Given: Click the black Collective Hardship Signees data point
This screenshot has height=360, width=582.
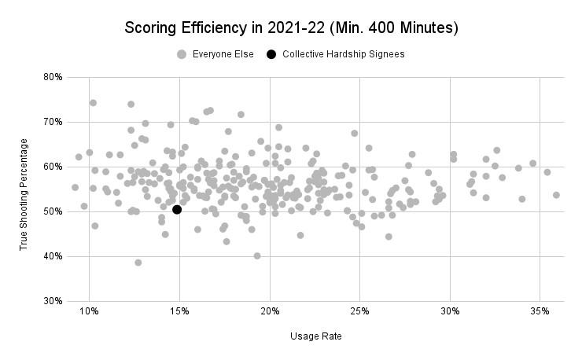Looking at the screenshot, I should tap(177, 209).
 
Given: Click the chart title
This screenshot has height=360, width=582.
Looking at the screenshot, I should tap(291, 28).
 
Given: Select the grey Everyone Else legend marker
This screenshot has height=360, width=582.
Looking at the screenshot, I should tap(182, 54).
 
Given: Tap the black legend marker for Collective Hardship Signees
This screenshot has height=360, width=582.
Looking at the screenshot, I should tap(271, 54).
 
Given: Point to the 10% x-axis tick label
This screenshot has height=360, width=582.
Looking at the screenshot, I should tap(90, 312).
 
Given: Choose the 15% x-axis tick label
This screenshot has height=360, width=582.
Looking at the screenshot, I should tap(180, 312).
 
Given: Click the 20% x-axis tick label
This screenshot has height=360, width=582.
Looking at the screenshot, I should tap(270, 312).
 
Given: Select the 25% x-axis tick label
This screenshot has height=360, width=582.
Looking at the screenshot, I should tap(360, 312).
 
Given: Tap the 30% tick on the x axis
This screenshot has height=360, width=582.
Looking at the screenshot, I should tap(450, 312).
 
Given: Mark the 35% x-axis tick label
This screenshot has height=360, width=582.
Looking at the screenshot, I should tap(540, 312).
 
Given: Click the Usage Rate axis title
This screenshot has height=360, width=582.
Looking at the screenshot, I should tap(314, 336).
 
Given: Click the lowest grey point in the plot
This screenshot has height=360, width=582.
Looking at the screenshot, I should tap(138, 263).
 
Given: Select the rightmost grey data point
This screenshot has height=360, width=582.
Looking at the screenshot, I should tap(556, 195).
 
